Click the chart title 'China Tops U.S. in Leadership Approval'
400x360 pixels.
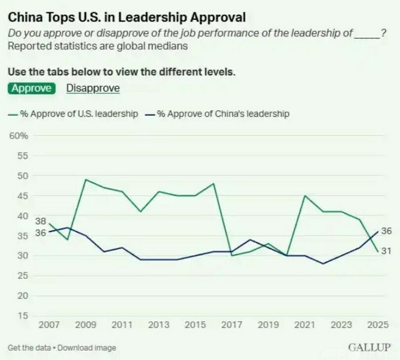[126, 18]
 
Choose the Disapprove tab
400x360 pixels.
[93, 88]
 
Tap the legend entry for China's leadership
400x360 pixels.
[217, 114]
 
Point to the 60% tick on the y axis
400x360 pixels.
[19, 136]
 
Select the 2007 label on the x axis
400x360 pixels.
[49, 325]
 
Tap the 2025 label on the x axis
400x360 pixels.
[378, 325]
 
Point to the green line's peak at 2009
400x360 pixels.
[86, 179]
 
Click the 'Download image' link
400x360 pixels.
[87, 348]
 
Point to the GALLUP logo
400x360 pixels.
[369, 347]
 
